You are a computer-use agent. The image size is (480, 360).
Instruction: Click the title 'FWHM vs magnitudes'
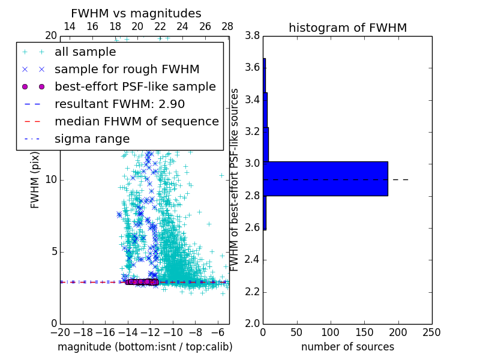point(136,13)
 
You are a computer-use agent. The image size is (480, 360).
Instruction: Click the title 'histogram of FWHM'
point(347,28)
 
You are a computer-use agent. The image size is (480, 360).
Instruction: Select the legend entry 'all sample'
point(85,52)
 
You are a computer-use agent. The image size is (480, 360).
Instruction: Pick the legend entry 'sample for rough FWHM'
point(127,70)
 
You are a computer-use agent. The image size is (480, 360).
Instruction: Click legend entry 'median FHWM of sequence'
point(136,121)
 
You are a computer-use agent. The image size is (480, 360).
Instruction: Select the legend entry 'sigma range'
point(92,139)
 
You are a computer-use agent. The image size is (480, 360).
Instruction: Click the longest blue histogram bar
point(325,179)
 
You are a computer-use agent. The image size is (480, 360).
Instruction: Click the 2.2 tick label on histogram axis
point(251,292)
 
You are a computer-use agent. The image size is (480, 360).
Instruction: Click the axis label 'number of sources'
point(347,347)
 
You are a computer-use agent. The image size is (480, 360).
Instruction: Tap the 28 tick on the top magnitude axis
point(227,27)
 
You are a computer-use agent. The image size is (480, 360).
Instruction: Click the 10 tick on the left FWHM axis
point(50,179)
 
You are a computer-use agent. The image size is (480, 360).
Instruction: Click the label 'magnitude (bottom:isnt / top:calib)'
point(145,347)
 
